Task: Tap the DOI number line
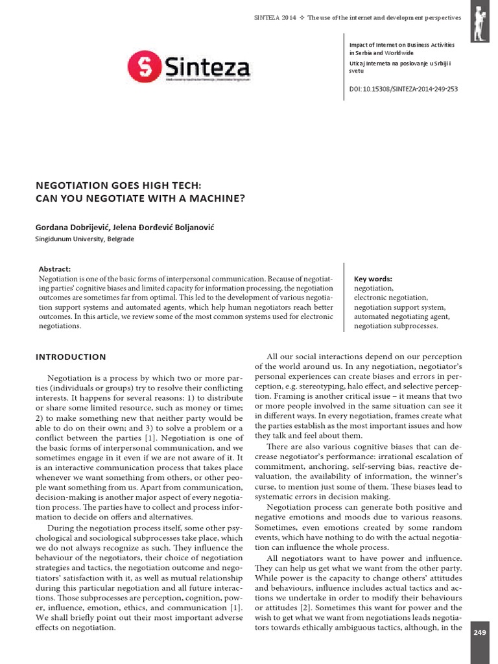[403, 89]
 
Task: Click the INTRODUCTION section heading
[71, 357]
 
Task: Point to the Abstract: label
[54, 269]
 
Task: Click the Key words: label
[373, 279]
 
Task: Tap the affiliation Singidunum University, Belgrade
[84, 239]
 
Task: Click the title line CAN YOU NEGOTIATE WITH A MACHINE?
[140, 198]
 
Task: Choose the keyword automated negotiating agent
[401, 316]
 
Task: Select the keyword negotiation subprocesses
[396, 326]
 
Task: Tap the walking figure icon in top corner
[480, 21]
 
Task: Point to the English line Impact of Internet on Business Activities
[402, 45]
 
